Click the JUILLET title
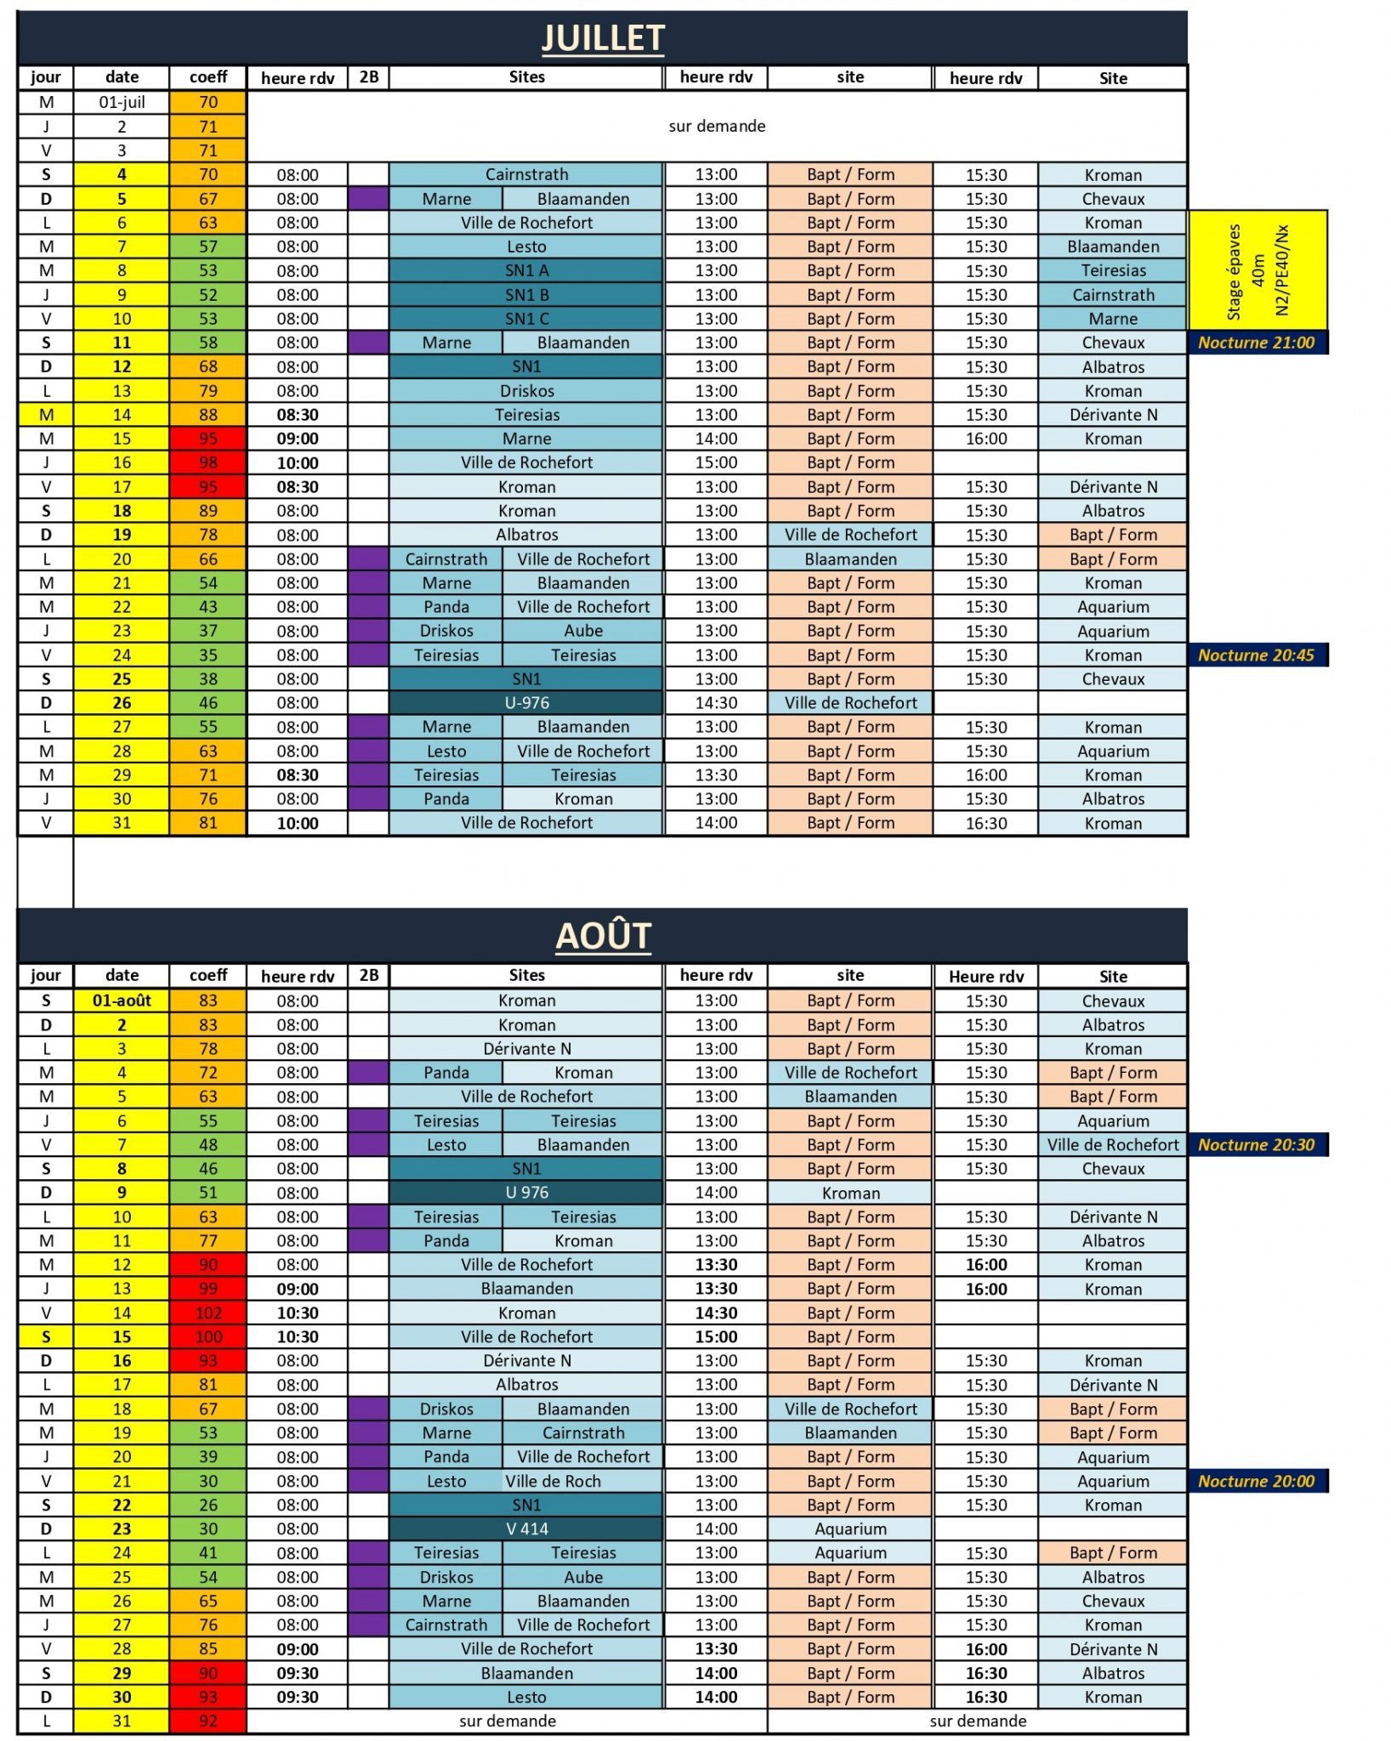[x=603, y=38]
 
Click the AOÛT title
[x=603, y=936]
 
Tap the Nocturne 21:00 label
[x=1256, y=343]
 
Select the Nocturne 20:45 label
[x=1256, y=655]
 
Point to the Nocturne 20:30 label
[x=1256, y=1145]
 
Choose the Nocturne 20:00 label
[x=1256, y=1481]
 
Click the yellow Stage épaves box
[x=1258, y=270]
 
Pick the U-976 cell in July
[x=526, y=703]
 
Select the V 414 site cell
[x=526, y=1528]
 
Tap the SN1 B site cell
[x=526, y=295]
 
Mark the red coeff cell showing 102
[x=208, y=1313]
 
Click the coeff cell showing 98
[x=208, y=462]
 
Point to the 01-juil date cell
[x=122, y=102]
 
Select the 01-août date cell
[x=122, y=1001]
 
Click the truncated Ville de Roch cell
[x=554, y=1481]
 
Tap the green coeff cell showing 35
[x=208, y=655]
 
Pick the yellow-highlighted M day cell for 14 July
[x=46, y=415]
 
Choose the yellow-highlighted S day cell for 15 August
[x=46, y=1336]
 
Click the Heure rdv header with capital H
[x=986, y=976]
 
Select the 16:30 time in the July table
[x=986, y=823]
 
